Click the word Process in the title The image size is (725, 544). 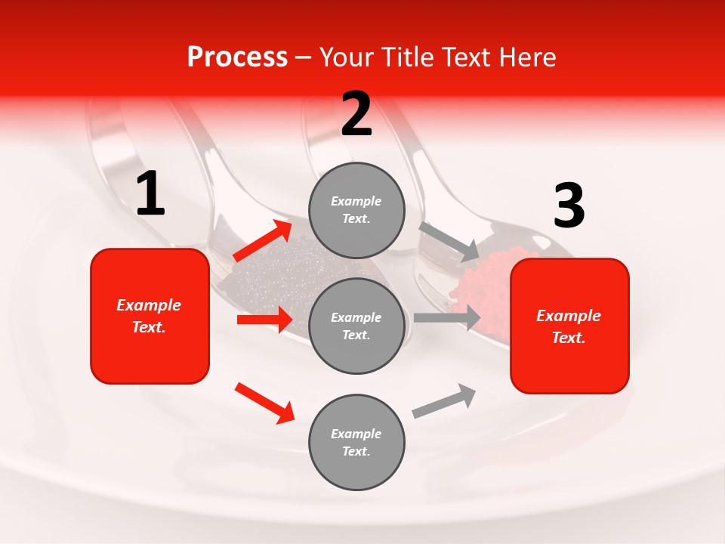coord(237,57)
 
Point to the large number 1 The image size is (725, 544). coord(150,194)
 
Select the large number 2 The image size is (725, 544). coord(356,114)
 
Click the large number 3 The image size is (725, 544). coord(569,206)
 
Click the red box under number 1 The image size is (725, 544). coord(150,316)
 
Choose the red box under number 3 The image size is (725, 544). coord(569,326)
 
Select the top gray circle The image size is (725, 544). coord(356,210)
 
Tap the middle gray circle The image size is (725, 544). coord(356,326)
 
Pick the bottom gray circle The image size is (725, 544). coord(356,442)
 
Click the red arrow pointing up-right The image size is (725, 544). coord(263,241)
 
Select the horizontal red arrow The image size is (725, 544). coord(264,320)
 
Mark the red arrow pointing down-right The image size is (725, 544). coord(264,402)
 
